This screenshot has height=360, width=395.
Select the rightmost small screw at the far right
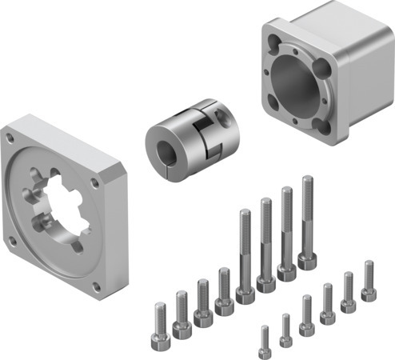click(369, 280)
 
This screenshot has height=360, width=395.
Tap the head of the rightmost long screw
click(308, 260)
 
